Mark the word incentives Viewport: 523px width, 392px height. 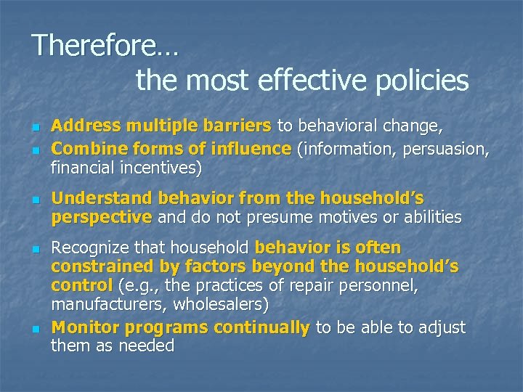(x=157, y=168)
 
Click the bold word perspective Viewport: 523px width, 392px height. (x=101, y=217)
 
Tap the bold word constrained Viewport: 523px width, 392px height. (x=100, y=266)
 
